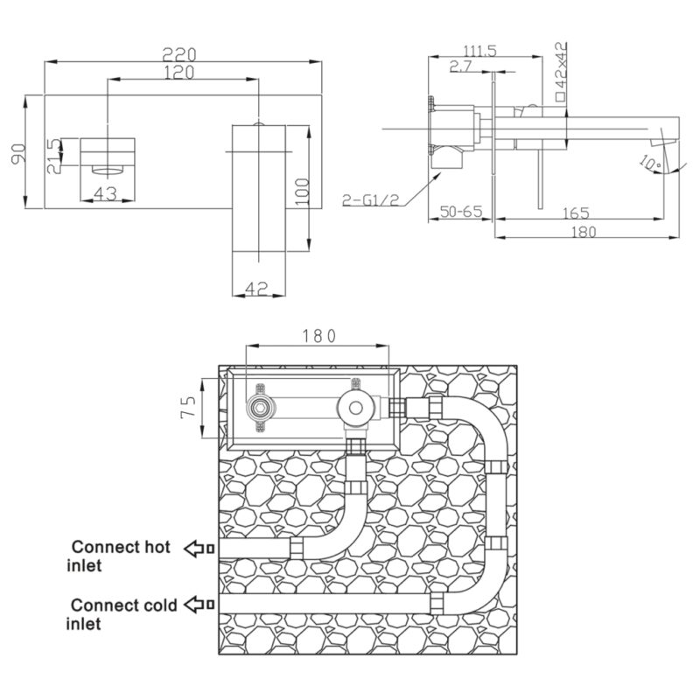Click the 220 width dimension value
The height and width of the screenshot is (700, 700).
click(x=179, y=54)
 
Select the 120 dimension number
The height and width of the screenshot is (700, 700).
click(x=179, y=72)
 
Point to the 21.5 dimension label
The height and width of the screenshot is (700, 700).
click(x=54, y=156)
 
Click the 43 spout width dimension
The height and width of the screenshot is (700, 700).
click(x=106, y=193)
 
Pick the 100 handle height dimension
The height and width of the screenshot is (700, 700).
click(x=302, y=192)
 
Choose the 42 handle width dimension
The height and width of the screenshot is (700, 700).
click(x=256, y=288)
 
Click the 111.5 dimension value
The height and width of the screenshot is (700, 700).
click(x=479, y=51)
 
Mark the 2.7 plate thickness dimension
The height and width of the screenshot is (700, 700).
click(x=460, y=66)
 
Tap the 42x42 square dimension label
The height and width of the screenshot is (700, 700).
click(x=561, y=72)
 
